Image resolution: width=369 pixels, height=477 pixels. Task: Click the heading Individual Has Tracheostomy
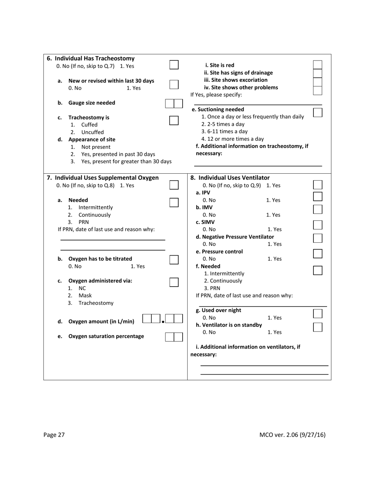pos(91,59)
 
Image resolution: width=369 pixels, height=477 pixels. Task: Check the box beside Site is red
pos(317,65)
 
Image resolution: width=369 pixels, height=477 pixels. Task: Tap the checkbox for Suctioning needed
pos(317,112)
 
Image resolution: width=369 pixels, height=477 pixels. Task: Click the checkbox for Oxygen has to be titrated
pos(174,260)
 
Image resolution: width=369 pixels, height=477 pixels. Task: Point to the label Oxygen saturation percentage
pos(106,336)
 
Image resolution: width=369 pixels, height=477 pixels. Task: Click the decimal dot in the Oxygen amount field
pos(163,321)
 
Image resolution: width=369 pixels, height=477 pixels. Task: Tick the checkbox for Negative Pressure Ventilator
pos(317,238)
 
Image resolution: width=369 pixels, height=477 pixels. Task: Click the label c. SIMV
pos(205,222)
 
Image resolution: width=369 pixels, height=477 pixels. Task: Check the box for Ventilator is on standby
pos(317,327)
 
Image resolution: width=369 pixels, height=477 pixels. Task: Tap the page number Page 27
pos(54,435)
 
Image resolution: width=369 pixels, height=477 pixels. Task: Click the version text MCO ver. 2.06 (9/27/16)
pos(292,435)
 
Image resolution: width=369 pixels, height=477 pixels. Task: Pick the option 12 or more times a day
pos(232,139)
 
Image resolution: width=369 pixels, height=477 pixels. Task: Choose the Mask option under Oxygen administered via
pos(85,296)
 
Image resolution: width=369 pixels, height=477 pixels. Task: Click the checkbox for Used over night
pos(317,313)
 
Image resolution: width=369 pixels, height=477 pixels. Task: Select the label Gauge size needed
pos(92,103)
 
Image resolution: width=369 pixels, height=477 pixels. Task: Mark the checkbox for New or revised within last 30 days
pos(174,84)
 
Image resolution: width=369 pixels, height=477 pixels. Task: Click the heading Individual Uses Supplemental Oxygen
pos(103,178)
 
